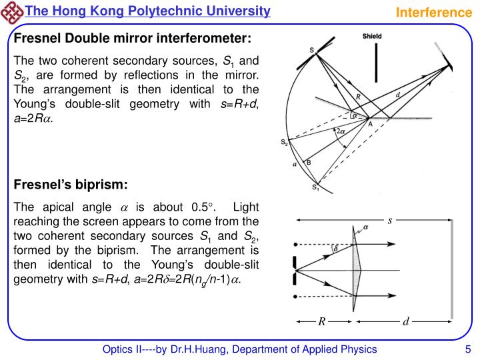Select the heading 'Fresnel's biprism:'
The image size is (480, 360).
[x=71, y=184]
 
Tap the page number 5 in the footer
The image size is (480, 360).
[x=468, y=349]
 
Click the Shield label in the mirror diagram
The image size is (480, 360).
[x=372, y=36]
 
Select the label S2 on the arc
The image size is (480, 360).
[x=285, y=142]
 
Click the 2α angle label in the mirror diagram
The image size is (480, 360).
[x=341, y=132]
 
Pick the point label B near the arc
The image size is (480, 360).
[x=307, y=162]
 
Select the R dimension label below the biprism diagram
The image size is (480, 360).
[x=321, y=321]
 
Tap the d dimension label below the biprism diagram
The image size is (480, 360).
[x=405, y=321]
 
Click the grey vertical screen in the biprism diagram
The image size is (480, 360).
[x=453, y=269]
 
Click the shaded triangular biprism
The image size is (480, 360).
[x=356, y=269]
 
